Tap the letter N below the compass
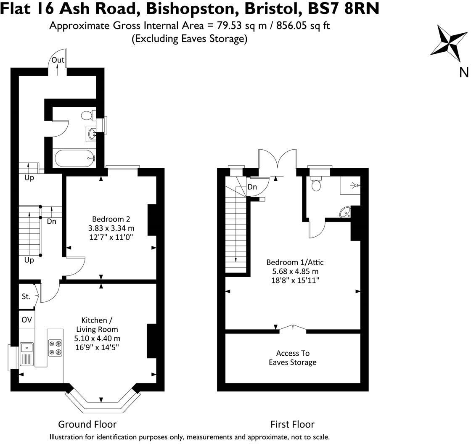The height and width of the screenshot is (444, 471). [464, 73]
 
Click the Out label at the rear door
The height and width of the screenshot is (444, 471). [58, 60]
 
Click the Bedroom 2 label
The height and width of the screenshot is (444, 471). [111, 219]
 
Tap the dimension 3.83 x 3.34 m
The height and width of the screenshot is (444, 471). [111, 228]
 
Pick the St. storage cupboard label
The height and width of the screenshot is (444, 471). [26, 296]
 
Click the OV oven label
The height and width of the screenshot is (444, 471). [26, 320]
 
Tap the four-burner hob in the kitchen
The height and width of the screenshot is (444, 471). [55, 348]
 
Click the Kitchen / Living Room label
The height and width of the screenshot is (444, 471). [97, 325]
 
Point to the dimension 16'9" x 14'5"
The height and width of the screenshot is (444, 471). [97, 347]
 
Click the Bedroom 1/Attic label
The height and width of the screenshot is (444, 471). [295, 262]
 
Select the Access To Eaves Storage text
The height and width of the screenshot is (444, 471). [293, 358]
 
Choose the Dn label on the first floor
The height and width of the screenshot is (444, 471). [252, 187]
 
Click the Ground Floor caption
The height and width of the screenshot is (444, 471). [87, 424]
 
